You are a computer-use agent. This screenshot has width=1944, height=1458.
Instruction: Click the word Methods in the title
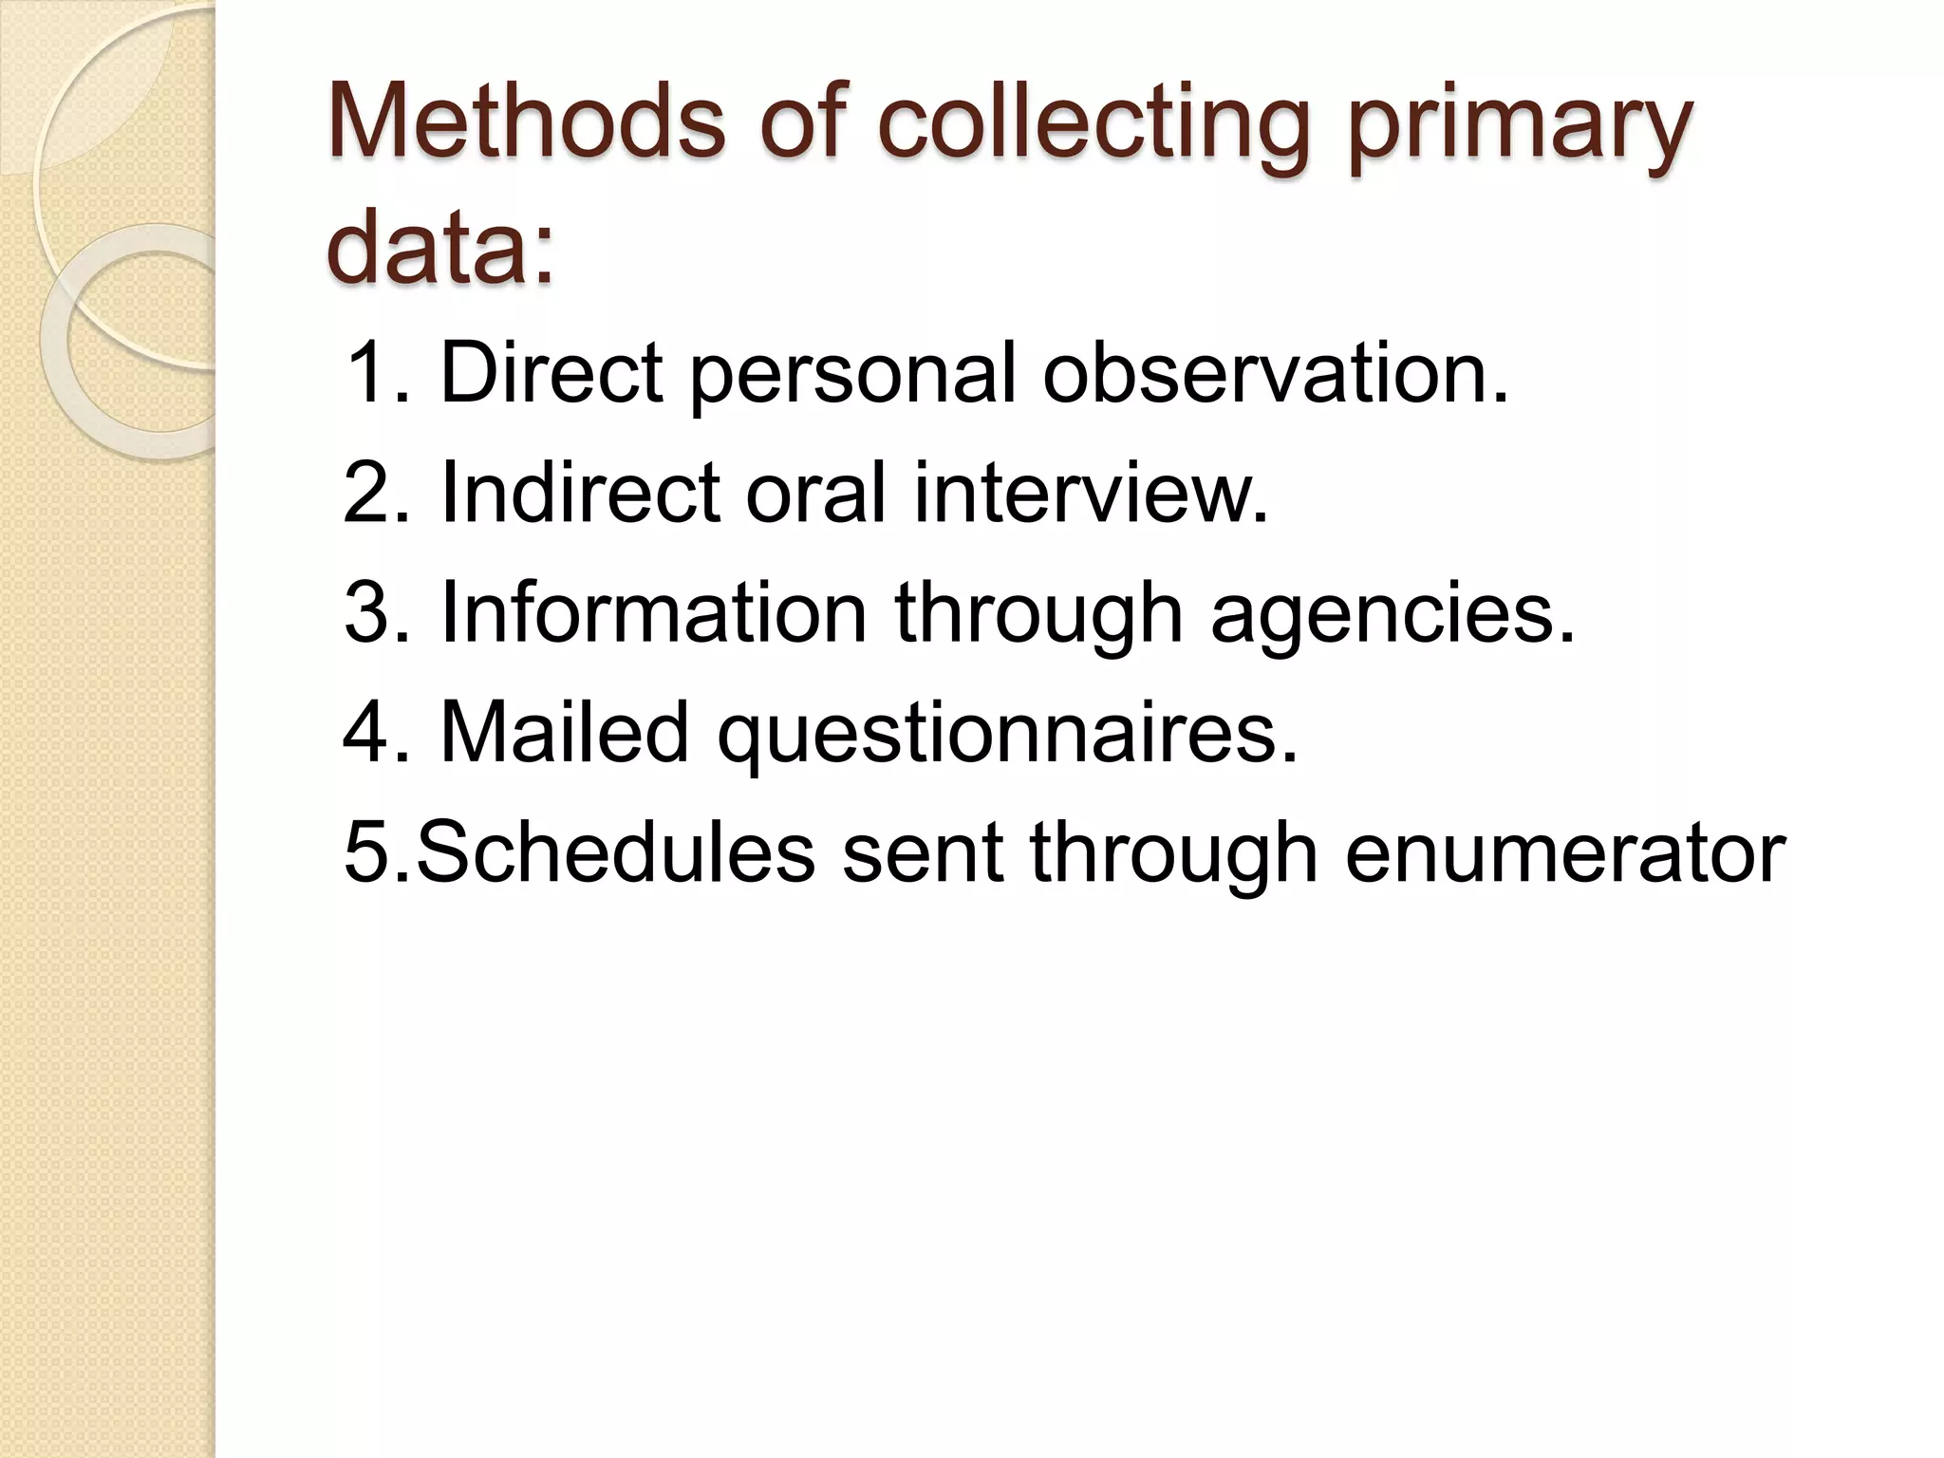click(527, 123)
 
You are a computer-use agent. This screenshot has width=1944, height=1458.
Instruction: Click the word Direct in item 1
click(551, 373)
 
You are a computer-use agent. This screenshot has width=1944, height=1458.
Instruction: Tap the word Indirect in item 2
click(580, 493)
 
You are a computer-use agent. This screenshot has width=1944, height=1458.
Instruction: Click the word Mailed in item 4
click(565, 732)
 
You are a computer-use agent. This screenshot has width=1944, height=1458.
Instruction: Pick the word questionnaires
click(1007, 734)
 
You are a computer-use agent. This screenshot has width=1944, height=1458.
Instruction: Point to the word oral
click(815, 493)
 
